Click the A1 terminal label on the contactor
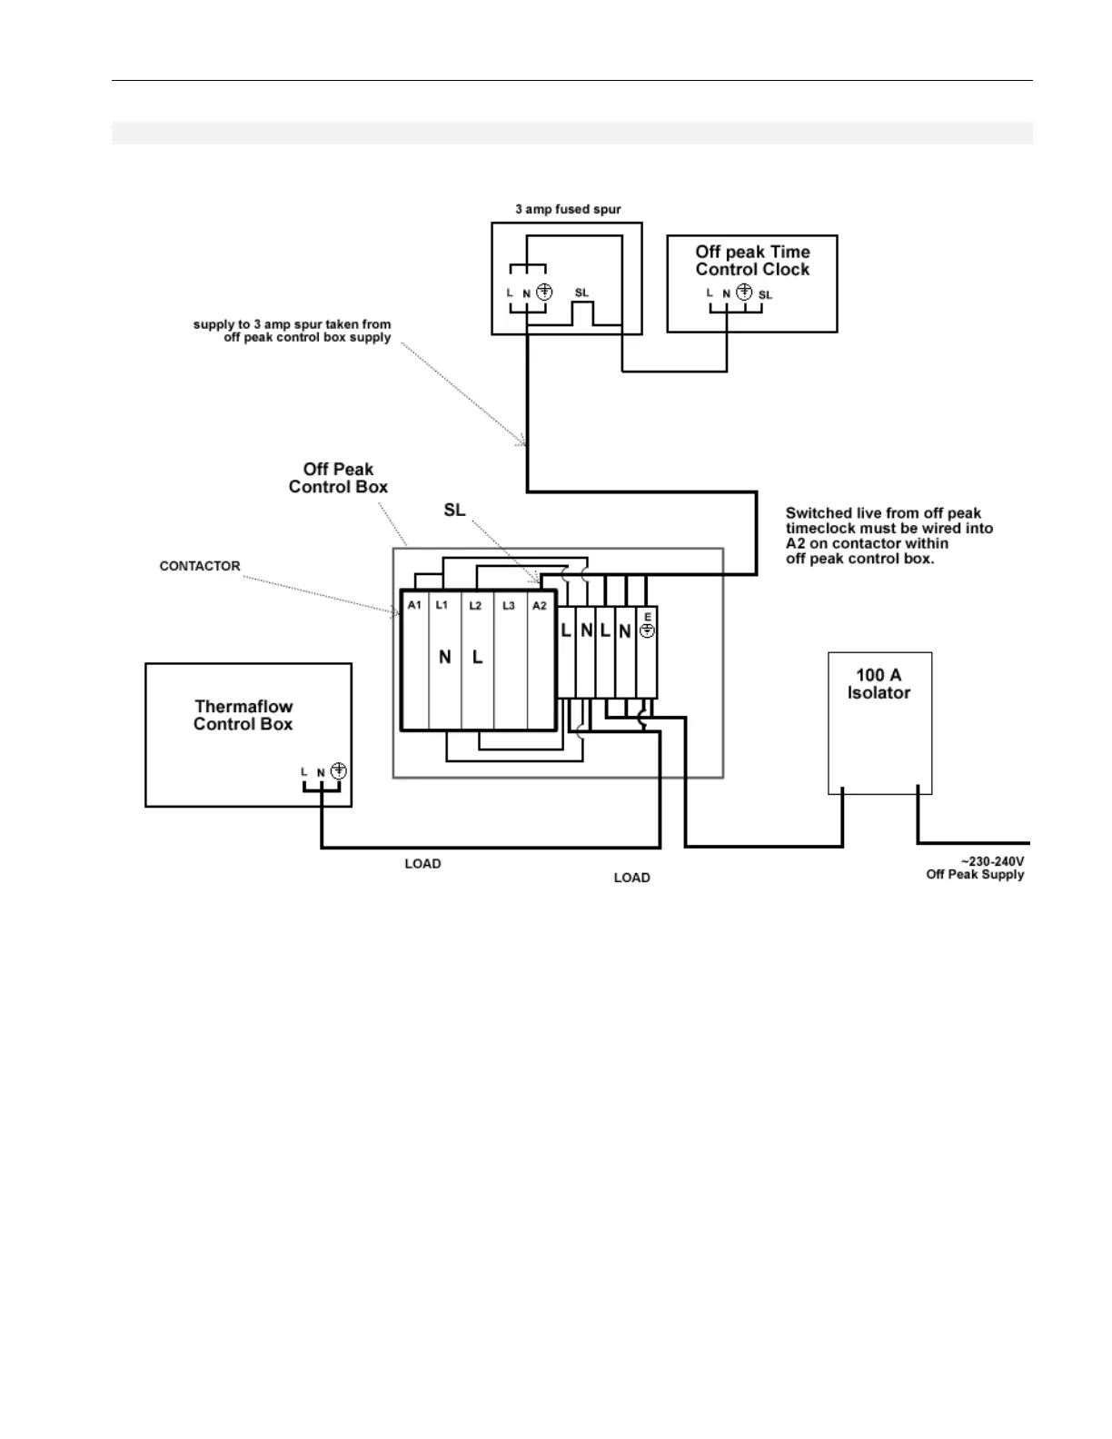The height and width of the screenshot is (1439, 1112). pyautogui.click(x=414, y=605)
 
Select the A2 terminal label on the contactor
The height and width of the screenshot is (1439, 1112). pyautogui.click(x=540, y=605)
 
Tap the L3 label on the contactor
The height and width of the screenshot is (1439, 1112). pyautogui.click(x=509, y=605)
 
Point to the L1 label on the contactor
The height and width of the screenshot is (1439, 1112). pyautogui.click(x=442, y=605)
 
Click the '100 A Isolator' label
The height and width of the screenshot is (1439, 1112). pyautogui.click(x=879, y=683)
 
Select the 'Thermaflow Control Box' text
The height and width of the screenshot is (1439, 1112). pyautogui.click(x=243, y=715)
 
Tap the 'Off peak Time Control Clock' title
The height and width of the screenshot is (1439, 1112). pyautogui.click(x=752, y=261)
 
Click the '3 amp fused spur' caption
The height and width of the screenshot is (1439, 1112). pyautogui.click(x=568, y=209)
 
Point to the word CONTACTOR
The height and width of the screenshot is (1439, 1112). pyautogui.click(x=200, y=566)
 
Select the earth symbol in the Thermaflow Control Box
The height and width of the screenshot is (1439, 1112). pyautogui.click(x=339, y=771)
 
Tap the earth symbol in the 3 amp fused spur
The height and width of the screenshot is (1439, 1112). pyautogui.click(x=544, y=293)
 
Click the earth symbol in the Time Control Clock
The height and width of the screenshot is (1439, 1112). pyautogui.click(x=744, y=293)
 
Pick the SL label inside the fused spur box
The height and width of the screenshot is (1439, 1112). pyautogui.click(x=581, y=293)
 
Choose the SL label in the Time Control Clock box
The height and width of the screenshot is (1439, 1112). pyautogui.click(x=766, y=294)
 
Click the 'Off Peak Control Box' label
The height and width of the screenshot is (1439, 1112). pyautogui.click(x=338, y=478)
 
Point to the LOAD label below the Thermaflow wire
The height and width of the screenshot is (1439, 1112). pyautogui.click(x=422, y=864)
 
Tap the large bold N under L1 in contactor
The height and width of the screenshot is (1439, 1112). pyautogui.click(x=445, y=657)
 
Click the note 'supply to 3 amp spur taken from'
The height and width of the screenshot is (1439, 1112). pyautogui.click(x=292, y=324)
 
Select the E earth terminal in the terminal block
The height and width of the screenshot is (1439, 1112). pyautogui.click(x=648, y=625)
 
